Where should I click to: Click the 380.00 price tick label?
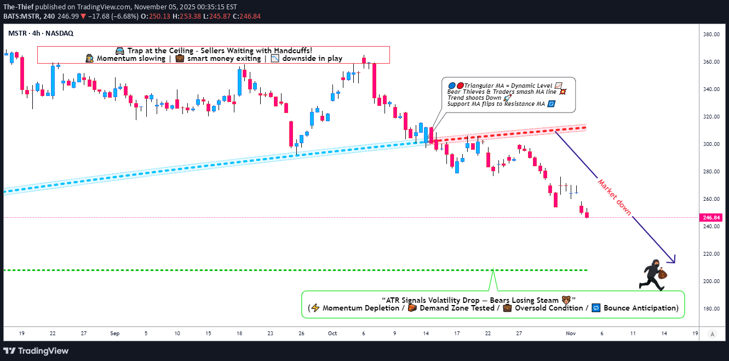coord(711,35)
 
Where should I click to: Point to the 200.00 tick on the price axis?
coord(711,281)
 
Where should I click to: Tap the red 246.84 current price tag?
coord(711,217)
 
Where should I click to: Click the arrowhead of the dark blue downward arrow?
coord(673,260)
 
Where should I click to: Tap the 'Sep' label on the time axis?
coord(114,333)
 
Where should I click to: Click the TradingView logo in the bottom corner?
coord(37,351)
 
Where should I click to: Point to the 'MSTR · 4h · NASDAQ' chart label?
coord(41,33)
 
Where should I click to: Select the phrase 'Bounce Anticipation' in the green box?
coord(640,308)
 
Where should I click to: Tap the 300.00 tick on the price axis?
coord(711,144)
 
